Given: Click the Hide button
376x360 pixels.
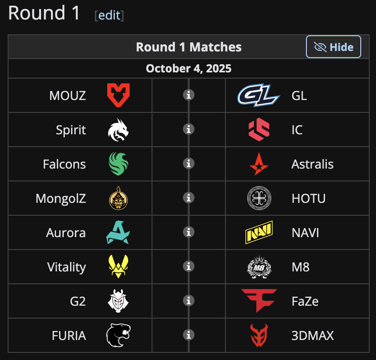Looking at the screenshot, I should [x=334, y=47].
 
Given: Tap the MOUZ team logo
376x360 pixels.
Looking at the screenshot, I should [x=118, y=95].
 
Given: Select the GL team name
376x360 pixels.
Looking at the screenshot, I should [x=299, y=95].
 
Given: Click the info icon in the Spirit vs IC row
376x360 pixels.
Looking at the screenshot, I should [x=189, y=129].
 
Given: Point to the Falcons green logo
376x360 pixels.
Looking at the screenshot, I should [x=118, y=164].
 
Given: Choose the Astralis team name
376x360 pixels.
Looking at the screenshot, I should [x=312, y=164].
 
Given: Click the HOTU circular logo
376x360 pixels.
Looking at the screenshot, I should [x=259, y=198].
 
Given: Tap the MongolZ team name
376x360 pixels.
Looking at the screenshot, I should [x=61, y=198].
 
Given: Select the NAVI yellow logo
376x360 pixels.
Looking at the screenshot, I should [x=259, y=233].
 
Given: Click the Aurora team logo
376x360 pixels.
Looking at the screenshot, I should [x=118, y=232].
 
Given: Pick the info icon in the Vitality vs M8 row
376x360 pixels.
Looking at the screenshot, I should [x=189, y=266].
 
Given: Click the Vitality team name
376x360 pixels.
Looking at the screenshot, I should [x=67, y=267].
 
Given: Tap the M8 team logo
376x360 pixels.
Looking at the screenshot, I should [x=259, y=267].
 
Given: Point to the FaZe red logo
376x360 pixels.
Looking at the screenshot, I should [x=259, y=300].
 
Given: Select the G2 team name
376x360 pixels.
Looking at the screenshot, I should [x=78, y=301].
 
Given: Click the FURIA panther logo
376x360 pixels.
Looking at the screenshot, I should [x=118, y=335].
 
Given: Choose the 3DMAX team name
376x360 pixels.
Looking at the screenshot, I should [x=313, y=335].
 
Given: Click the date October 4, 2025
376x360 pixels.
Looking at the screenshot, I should [x=189, y=68].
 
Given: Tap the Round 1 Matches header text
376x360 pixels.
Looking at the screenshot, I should [x=189, y=47].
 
